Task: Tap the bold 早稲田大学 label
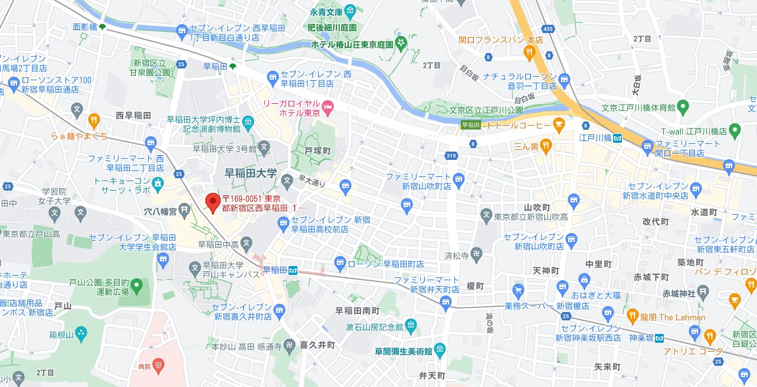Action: [x=251, y=173]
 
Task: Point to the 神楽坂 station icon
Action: [x=659, y=338]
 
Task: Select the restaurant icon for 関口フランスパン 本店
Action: [x=529, y=53]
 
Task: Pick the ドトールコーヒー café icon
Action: [x=559, y=124]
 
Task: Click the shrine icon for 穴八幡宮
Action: [x=185, y=209]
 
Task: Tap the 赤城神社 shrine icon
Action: [x=703, y=293]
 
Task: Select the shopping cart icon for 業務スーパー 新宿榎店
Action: [x=518, y=290]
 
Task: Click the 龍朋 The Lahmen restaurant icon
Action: [x=632, y=317]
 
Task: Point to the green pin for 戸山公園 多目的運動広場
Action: [x=137, y=287]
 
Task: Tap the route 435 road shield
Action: [x=549, y=28]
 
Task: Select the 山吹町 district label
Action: [x=537, y=208]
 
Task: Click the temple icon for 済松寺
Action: [x=477, y=255]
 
